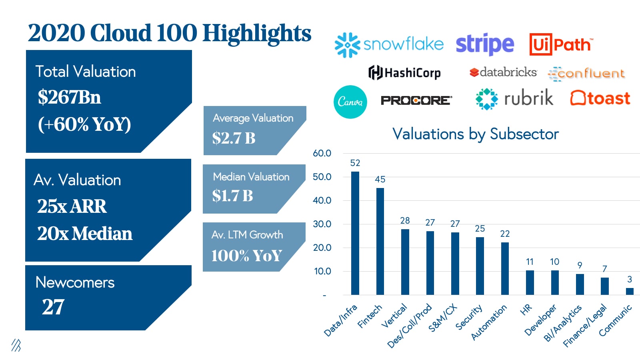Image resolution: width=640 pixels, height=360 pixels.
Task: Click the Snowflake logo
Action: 389,44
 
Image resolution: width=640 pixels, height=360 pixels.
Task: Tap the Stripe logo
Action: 485,44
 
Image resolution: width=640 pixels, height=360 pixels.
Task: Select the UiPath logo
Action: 561,44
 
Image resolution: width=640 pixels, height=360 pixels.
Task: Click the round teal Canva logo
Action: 350,102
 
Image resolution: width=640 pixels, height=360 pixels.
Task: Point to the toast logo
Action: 600,98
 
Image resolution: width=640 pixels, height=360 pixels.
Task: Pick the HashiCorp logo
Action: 404,73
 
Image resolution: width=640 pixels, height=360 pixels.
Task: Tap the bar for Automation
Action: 505,268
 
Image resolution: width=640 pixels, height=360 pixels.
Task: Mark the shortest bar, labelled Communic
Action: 630,291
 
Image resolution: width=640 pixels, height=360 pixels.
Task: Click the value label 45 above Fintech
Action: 380,179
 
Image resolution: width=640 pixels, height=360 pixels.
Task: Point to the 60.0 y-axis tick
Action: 322,153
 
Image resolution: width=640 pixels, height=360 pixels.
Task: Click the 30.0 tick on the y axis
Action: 322,224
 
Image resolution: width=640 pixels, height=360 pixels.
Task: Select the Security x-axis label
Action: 469,318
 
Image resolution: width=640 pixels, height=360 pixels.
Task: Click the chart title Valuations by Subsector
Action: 475,134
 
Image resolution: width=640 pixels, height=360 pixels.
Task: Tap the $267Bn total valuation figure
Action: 70,97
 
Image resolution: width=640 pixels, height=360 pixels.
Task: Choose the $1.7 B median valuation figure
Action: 232,196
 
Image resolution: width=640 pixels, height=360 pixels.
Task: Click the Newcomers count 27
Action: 53,307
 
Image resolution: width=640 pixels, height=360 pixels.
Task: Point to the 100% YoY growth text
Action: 246,256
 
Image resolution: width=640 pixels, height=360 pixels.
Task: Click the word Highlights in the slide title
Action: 257,33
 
